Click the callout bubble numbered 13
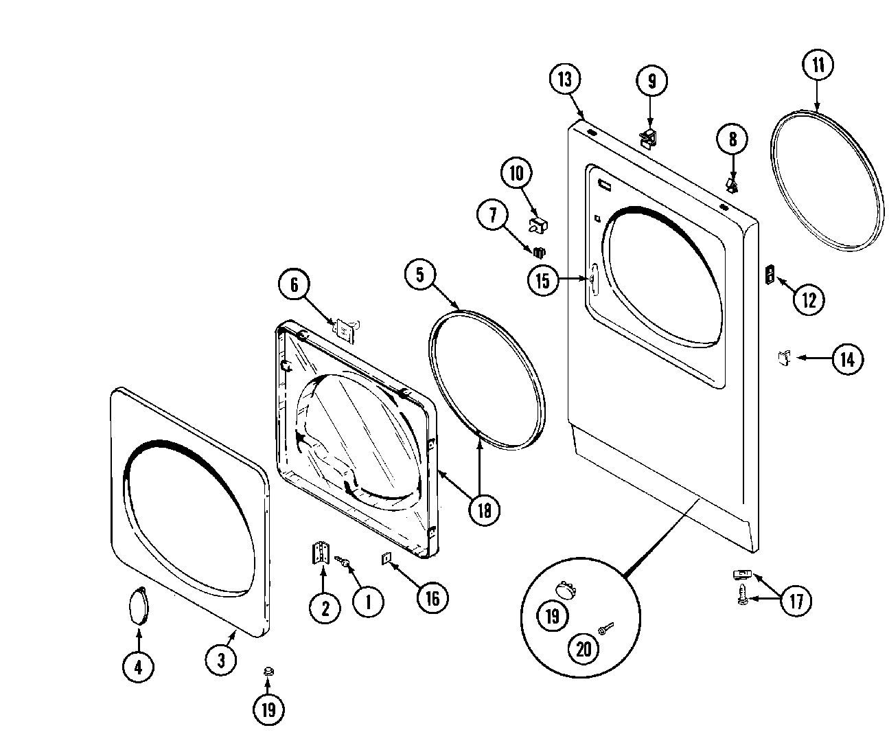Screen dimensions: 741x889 pos(564,80)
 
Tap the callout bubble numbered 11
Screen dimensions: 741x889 pos(818,66)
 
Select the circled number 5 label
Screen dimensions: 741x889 pos(419,275)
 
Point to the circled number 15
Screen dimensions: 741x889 pos(544,280)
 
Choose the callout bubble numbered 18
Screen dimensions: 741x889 pos(484,509)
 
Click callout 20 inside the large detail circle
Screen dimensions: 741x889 pos(584,648)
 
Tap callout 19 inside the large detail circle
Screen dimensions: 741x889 pos(553,616)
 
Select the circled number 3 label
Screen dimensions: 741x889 pos(221,660)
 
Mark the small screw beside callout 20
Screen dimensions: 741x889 pos(604,629)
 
